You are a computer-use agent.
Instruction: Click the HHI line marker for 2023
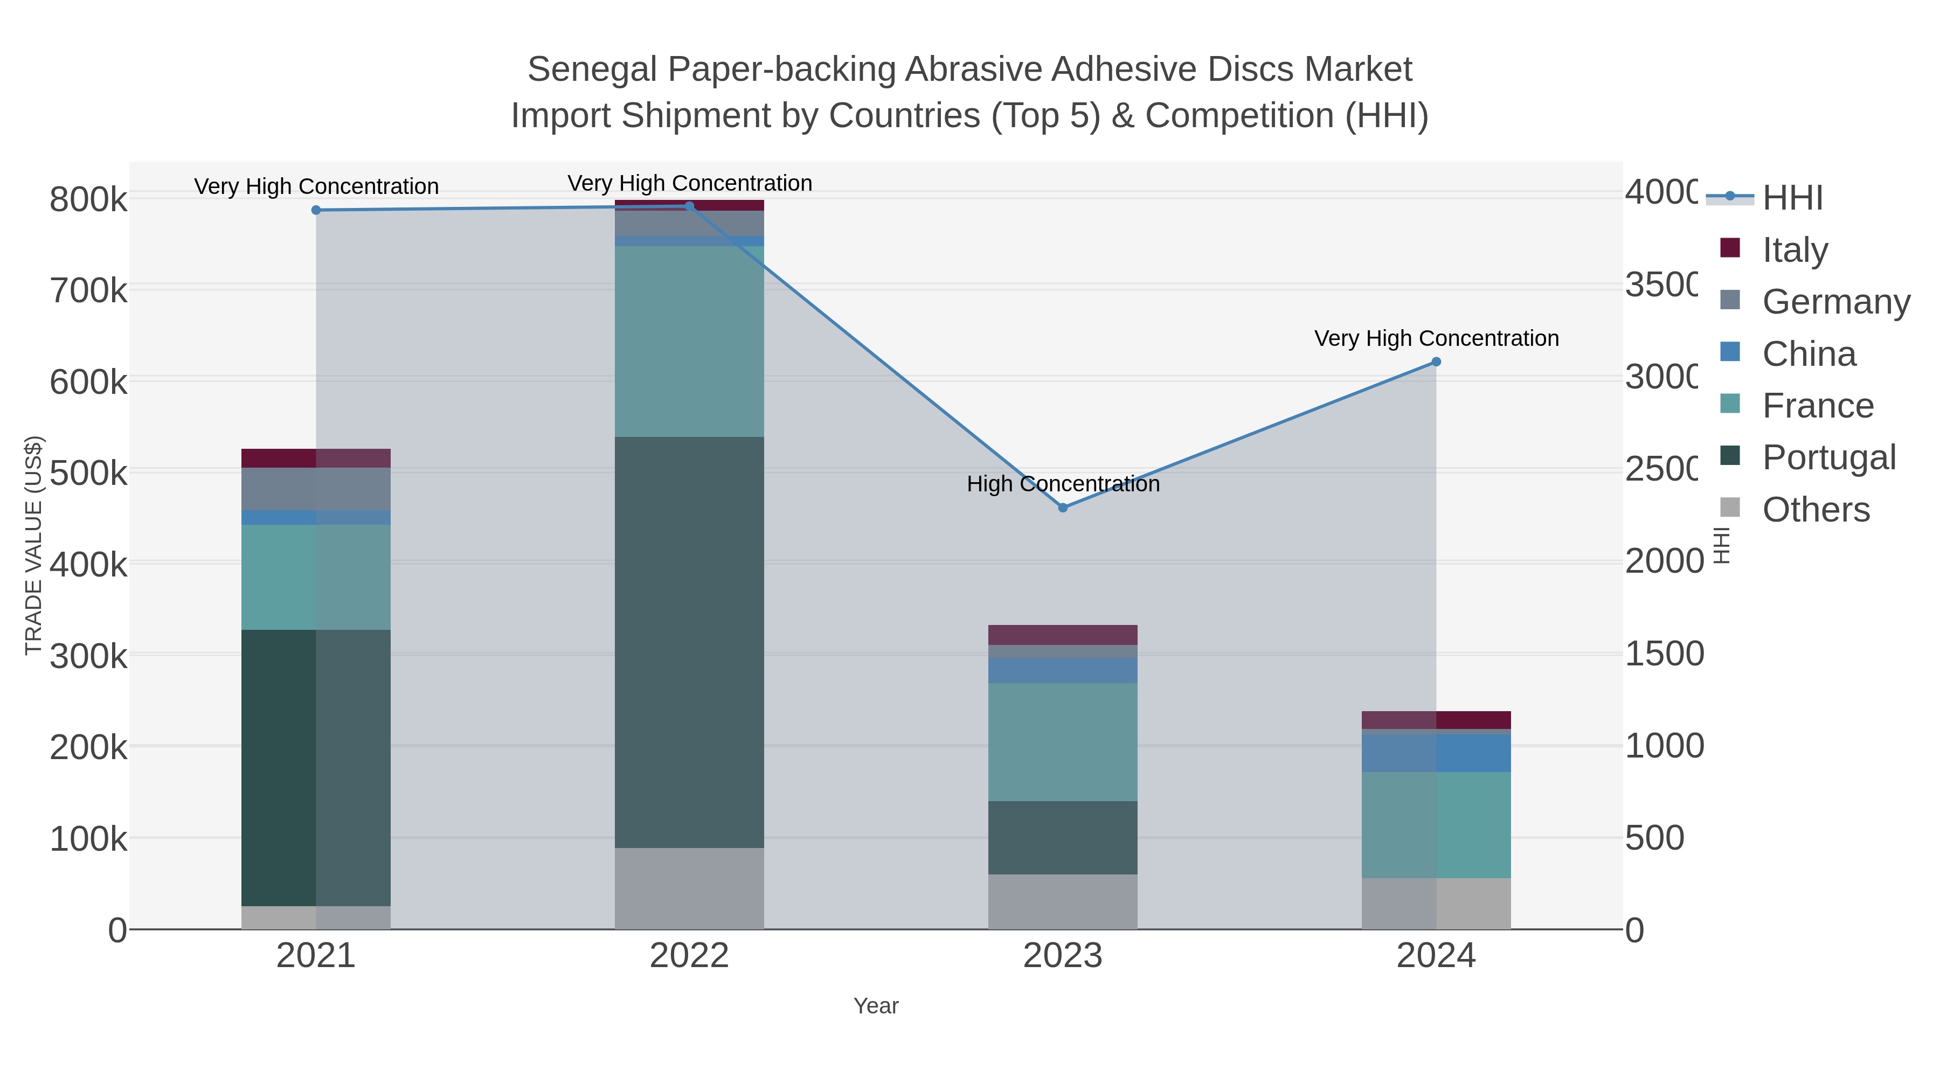tap(1063, 508)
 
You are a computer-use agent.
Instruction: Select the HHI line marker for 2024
tap(1436, 362)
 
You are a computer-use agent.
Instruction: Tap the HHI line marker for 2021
tap(316, 210)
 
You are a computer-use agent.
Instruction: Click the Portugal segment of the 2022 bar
tap(689, 642)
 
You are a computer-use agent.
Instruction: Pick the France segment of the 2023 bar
tap(1063, 742)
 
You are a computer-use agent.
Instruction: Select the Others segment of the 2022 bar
tap(689, 888)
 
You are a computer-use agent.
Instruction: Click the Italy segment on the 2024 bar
tap(1436, 720)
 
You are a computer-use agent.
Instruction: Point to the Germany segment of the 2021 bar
tap(316, 489)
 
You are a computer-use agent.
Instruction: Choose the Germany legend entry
tap(1835, 302)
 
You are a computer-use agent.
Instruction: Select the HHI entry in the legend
tap(1792, 198)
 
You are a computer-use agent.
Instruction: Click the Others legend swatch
tap(1730, 508)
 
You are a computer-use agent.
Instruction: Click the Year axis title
tap(876, 1006)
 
